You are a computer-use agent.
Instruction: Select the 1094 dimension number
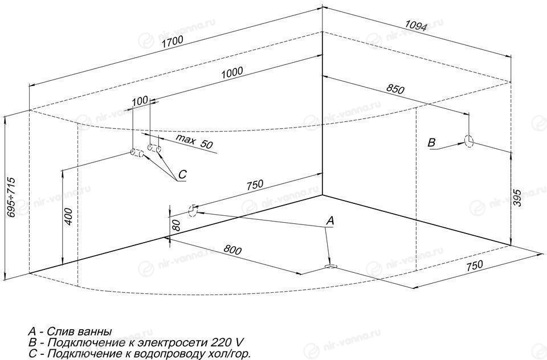coord(416,25)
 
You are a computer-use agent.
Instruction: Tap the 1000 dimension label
coord(232,72)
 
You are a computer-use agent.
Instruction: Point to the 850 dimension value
coord(395,89)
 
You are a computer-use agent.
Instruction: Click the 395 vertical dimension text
coord(518,198)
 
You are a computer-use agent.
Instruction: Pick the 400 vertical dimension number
coord(69,216)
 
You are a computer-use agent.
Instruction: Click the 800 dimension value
coord(232,249)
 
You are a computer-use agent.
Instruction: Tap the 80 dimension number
coord(177,226)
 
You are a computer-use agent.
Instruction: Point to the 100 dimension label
coord(140,101)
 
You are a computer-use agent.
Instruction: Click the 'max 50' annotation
coord(194,141)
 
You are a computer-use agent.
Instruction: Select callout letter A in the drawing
coord(330,220)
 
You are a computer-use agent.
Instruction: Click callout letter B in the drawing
coord(432,142)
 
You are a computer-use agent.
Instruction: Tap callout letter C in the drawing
coord(183,174)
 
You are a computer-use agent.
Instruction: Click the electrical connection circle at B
coord(469,141)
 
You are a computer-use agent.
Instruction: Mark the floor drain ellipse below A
coord(330,267)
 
